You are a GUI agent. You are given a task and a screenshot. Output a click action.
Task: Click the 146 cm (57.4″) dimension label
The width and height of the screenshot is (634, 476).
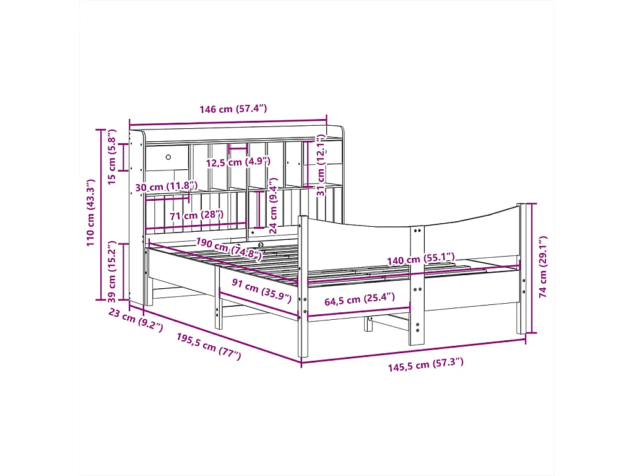point(233,109)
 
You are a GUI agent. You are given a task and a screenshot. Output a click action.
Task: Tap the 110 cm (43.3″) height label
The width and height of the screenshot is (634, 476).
point(92,212)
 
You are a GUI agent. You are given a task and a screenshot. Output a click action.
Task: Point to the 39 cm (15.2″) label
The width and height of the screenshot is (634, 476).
point(112,271)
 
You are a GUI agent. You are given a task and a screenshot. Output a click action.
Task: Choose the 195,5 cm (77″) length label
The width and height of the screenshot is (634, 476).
point(209,346)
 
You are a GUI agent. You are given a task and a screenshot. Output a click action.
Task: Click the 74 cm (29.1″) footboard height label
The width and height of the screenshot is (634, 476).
point(544,267)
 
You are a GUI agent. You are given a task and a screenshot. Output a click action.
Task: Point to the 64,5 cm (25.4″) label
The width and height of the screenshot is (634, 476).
point(360,300)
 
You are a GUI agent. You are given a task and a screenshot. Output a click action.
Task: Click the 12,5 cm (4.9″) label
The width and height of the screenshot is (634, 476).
point(238,162)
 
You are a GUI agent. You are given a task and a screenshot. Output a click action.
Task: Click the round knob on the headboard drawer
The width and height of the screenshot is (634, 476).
point(168,157)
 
